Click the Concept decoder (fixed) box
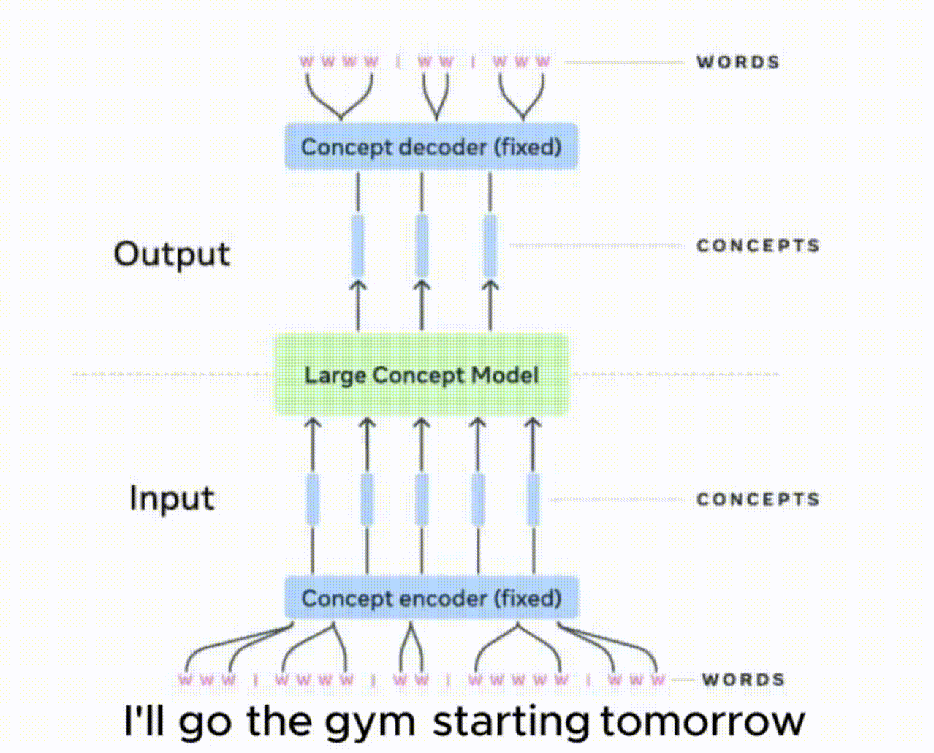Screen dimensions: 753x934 [x=430, y=146]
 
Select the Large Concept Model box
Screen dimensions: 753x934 [x=421, y=374]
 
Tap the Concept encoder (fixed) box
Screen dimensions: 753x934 [x=431, y=598]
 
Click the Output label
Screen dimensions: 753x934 [x=172, y=254]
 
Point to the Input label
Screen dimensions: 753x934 [x=172, y=499]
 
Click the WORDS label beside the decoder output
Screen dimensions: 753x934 [x=738, y=62]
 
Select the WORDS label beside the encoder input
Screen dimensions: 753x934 [x=743, y=680]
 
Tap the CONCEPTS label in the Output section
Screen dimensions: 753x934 [x=758, y=246]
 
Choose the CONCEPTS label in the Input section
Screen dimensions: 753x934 [x=758, y=499]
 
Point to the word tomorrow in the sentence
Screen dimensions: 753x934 [x=702, y=721]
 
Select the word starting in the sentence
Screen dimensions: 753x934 [x=511, y=722]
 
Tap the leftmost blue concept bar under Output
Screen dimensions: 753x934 [x=358, y=246]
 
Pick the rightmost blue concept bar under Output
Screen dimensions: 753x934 [x=490, y=246]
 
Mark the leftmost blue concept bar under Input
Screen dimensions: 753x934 [x=313, y=499]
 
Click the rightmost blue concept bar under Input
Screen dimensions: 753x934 [x=534, y=499]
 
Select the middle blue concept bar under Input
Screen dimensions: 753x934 [x=422, y=499]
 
